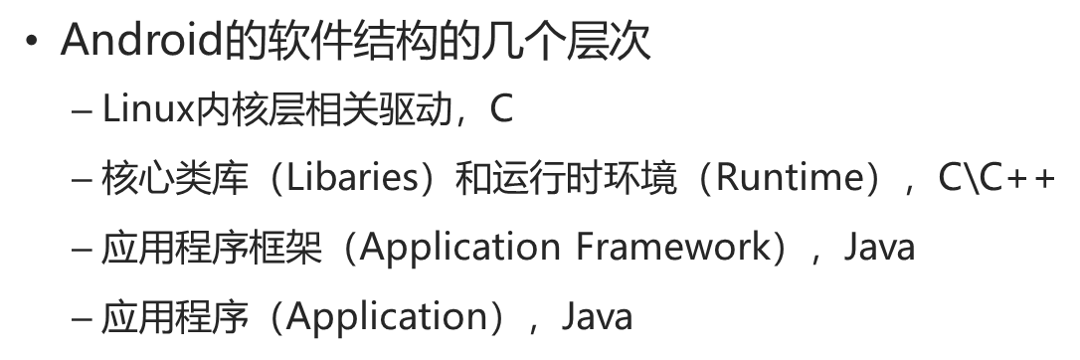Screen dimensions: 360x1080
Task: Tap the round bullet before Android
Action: click(x=35, y=45)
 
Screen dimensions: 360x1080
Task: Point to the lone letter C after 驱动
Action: click(x=501, y=108)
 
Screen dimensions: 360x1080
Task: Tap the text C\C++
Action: click(x=995, y=178)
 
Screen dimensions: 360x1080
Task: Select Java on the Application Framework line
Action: click(x=879, y=247)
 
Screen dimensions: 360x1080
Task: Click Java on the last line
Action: click(x=597, y=317)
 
